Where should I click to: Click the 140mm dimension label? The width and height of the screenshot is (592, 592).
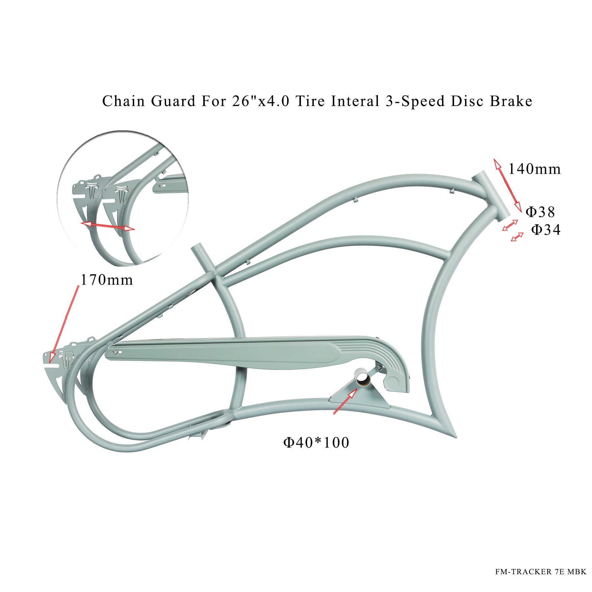534,169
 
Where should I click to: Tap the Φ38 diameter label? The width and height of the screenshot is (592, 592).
540,212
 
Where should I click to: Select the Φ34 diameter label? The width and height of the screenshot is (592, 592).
546,230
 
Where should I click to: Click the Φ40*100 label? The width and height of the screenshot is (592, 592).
316,443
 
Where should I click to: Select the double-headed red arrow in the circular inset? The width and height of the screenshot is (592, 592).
108,226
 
